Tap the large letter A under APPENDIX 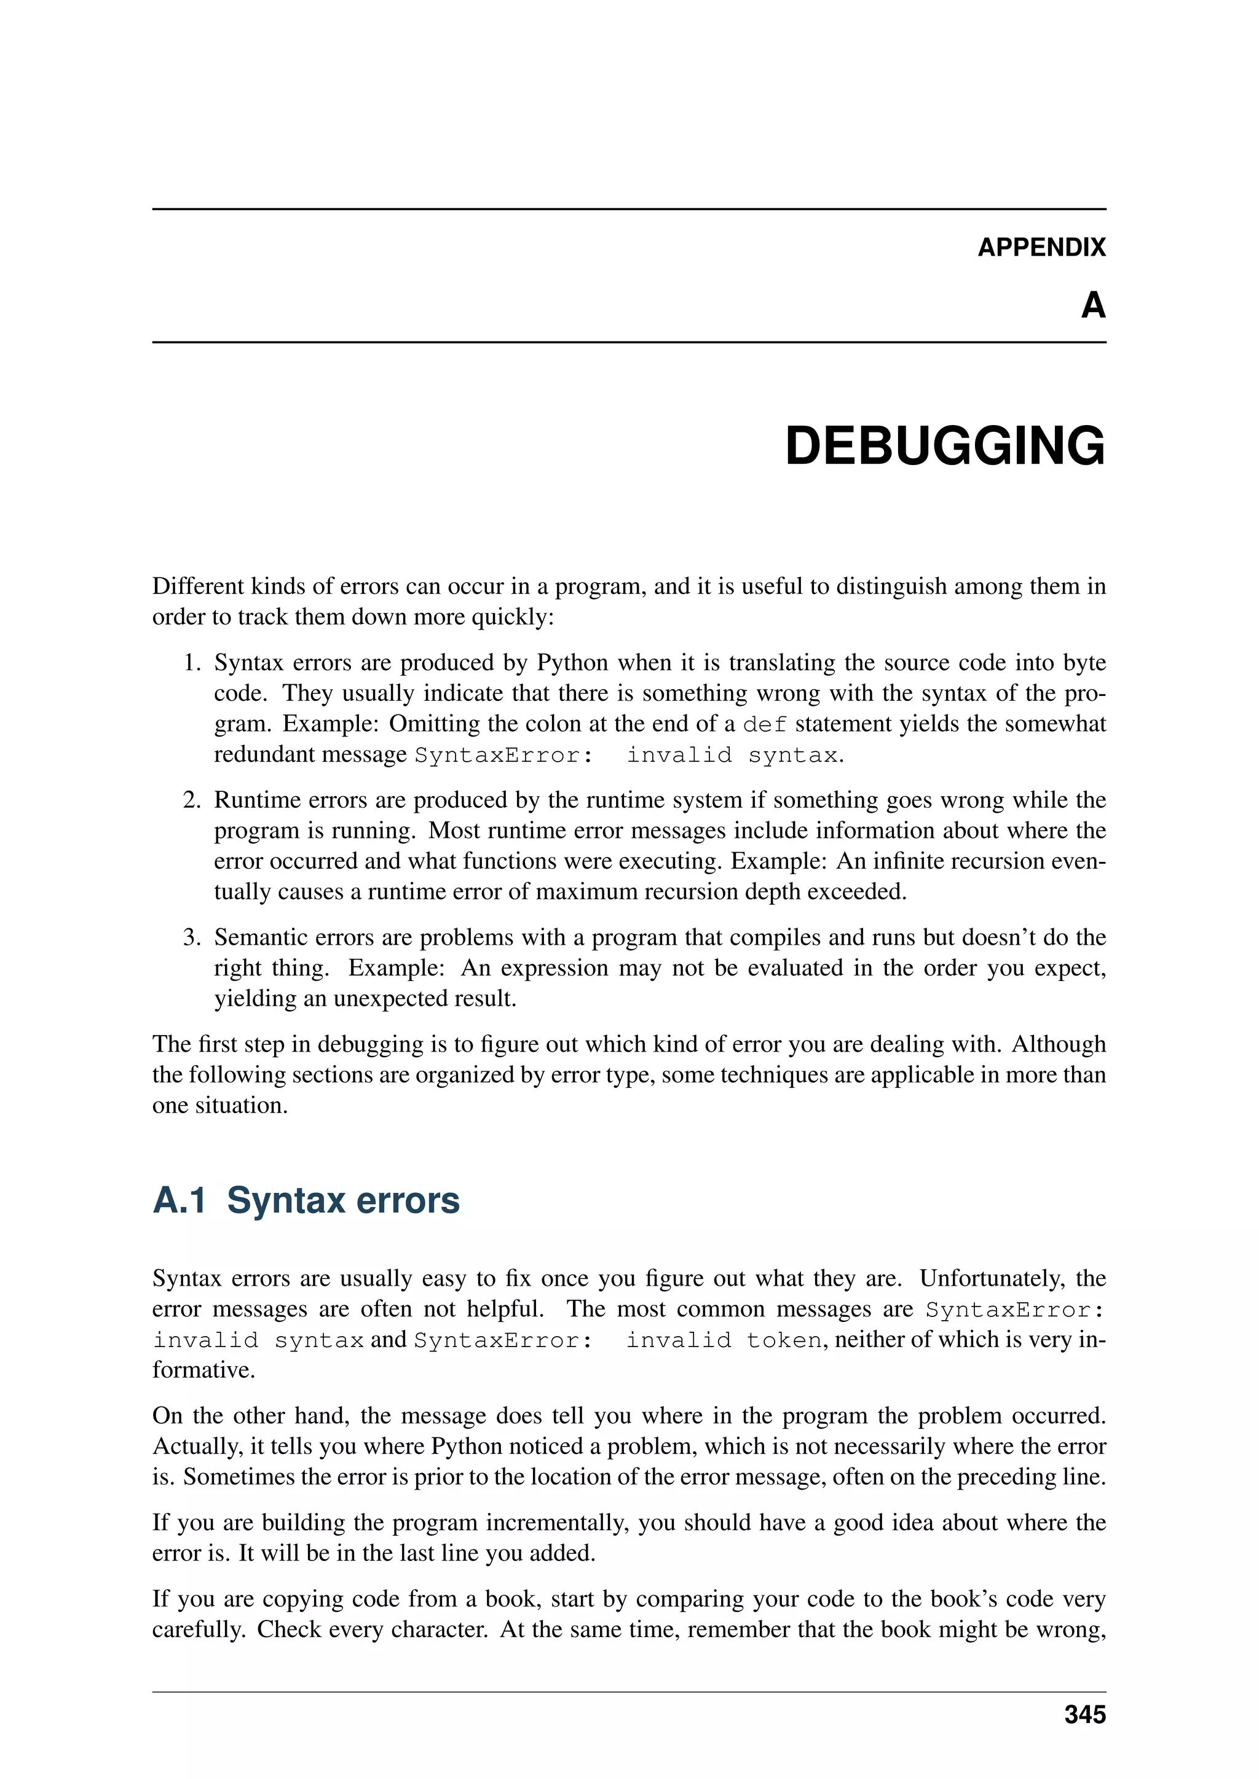1093,305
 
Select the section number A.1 179,1201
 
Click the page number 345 1084,1714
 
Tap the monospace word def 764,724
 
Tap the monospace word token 784,1340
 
